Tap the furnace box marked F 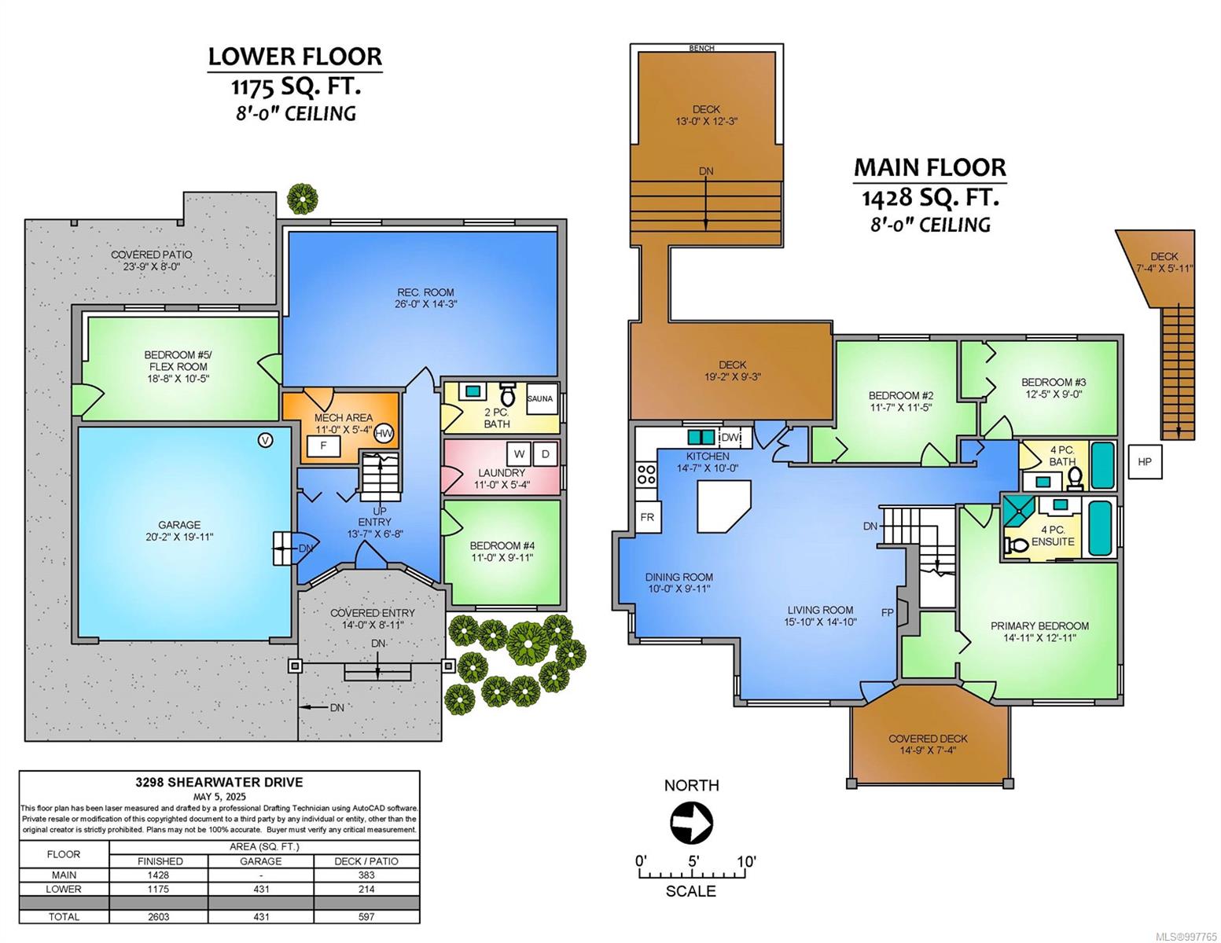[323, 446]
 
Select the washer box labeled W [519, 453]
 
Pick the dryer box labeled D [545, 453]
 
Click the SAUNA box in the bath [541, 398]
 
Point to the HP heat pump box [1145, 461]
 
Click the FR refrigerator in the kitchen [647, 517]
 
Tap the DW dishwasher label [730, 437]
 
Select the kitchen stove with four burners [646, 474]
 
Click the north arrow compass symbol [692, 823]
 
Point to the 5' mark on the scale [693, 860]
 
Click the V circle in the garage [265, 440]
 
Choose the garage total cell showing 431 [261, 916]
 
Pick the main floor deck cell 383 [366, 875]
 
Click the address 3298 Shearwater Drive [219, 782]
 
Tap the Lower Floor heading [295, 57]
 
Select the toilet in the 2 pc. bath [507, 394]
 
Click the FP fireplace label [887, 613]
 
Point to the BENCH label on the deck [702, 48]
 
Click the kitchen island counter [724, 505]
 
